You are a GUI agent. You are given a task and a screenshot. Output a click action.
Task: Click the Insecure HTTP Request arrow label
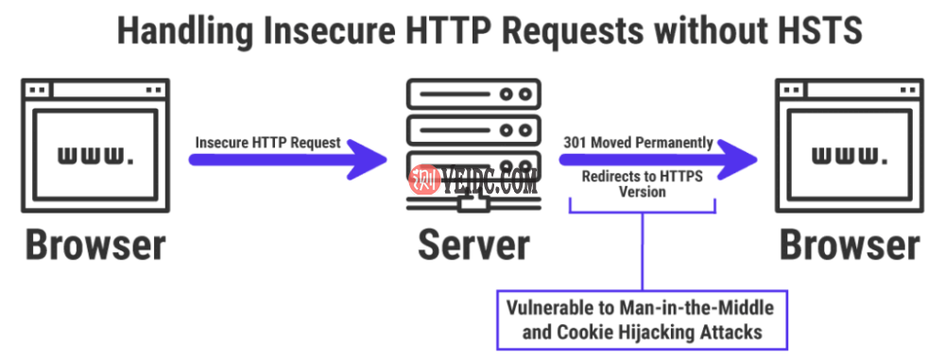267,143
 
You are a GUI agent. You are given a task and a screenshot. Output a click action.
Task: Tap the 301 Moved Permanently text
639,143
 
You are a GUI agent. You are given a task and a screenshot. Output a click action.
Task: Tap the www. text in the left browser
94,153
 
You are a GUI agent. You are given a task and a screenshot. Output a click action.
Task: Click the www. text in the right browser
847,153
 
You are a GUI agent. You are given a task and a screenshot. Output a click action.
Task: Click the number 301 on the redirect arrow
576,143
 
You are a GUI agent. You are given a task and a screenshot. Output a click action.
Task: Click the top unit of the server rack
472,94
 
